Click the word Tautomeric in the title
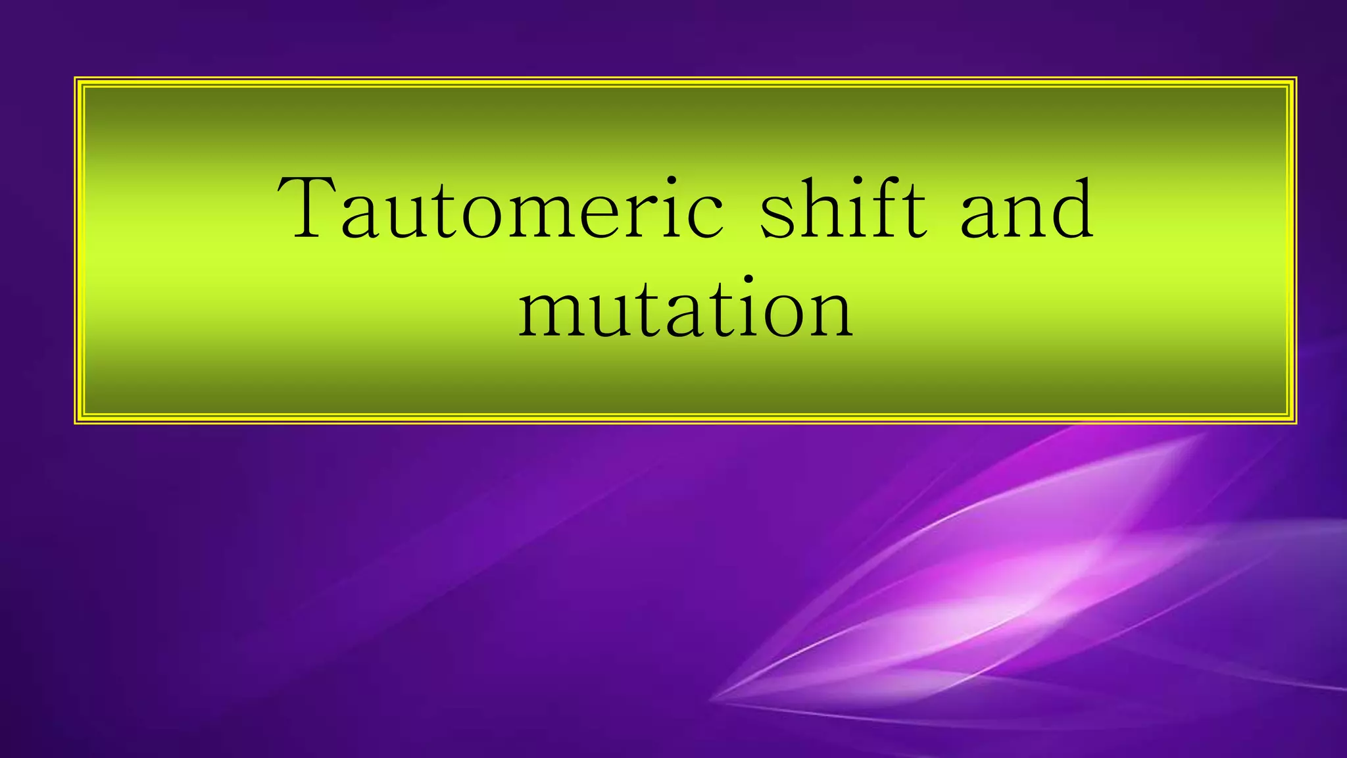(500, 209)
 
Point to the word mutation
(685, 309)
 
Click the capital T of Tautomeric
(309, 207)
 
